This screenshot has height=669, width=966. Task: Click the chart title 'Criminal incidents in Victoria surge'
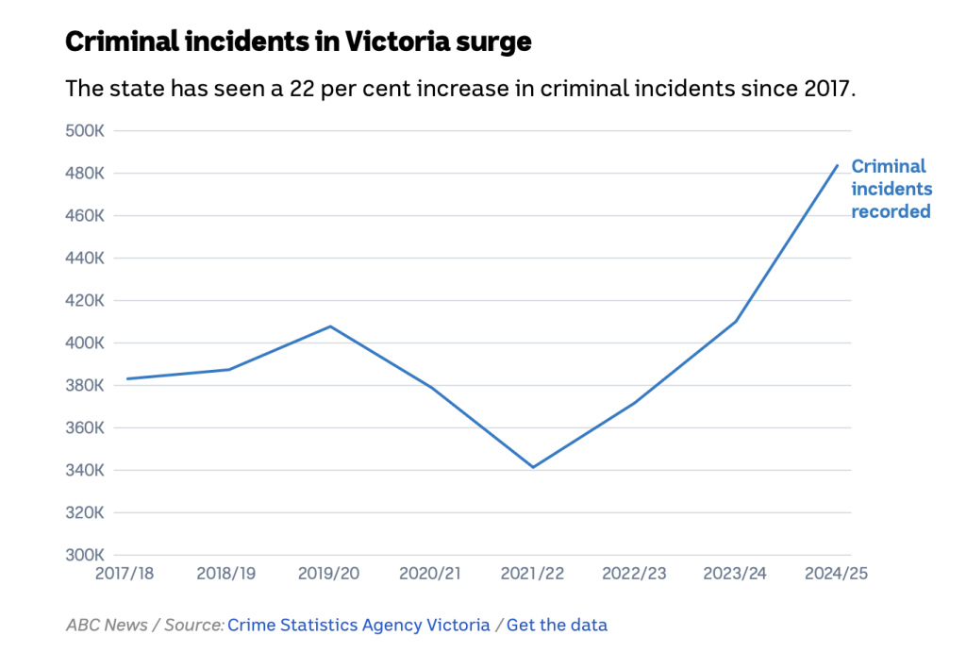click(298, 42)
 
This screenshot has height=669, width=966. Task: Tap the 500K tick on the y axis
click(84, 130)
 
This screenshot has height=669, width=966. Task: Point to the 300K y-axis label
click(84, 555)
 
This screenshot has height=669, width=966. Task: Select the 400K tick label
click(84, 343)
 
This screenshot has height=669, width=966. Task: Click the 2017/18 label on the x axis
click(125, 574)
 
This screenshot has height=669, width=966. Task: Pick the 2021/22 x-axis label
click(533, 574)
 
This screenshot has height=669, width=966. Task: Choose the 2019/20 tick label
click(329, 574)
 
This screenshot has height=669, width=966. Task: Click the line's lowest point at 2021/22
click(533, 467)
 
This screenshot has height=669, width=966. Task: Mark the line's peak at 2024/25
click(837, 165)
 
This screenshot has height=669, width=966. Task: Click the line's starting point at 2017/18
click(126, 378)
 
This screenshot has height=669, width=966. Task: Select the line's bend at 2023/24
click(736, 321)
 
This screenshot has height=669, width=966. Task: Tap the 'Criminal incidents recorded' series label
click(891, 189)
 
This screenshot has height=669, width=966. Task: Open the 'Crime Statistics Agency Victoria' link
click(358, 625)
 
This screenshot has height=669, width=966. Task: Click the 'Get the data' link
click(557, 625)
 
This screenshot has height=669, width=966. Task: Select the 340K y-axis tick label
click(84, 470)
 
